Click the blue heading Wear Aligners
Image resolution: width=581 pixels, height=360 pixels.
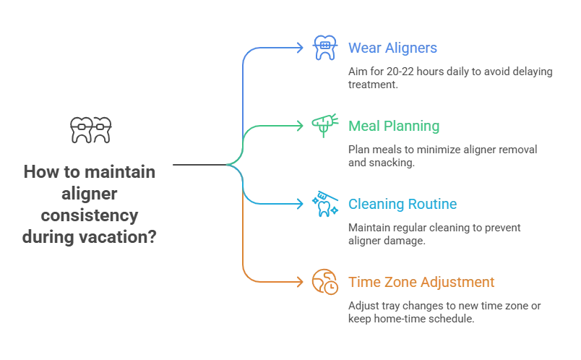393,49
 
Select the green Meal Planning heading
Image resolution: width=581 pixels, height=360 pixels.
393,127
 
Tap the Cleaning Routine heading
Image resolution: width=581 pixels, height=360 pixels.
402,205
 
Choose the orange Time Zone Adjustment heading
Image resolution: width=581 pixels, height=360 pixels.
422,282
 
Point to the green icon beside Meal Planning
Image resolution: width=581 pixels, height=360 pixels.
322,126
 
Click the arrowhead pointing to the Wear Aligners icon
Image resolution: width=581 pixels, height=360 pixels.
301,48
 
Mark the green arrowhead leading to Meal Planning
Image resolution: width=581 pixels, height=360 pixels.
301,126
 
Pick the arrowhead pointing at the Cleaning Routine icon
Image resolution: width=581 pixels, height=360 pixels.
301,204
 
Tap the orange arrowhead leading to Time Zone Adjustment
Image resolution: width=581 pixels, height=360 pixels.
301,281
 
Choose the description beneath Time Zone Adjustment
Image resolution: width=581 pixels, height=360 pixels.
444,312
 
